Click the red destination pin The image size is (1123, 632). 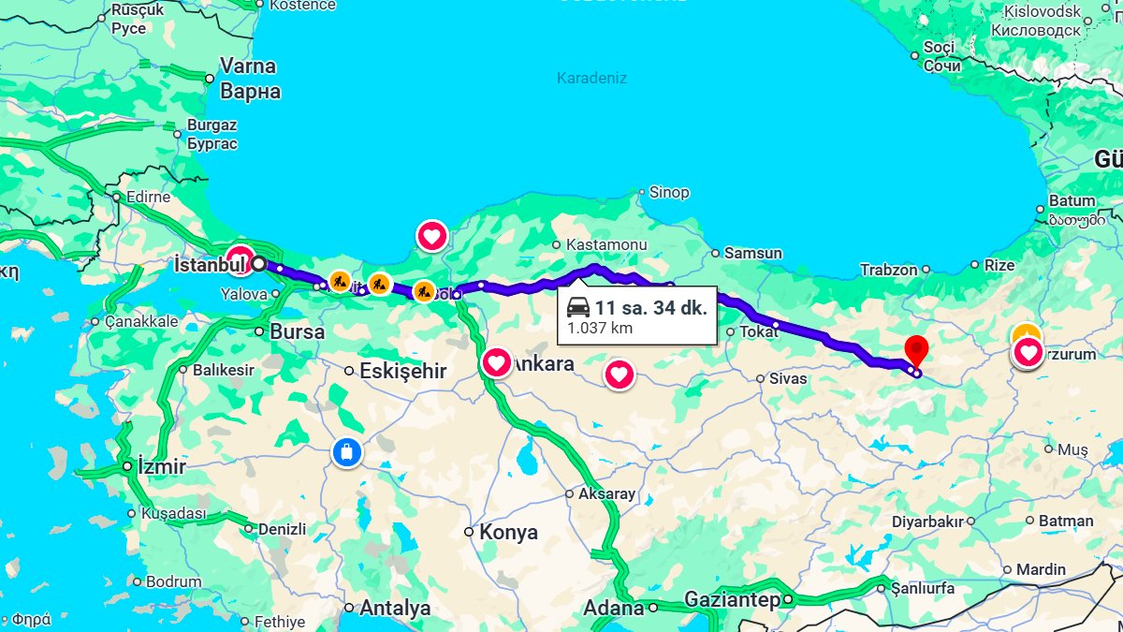point(916,350)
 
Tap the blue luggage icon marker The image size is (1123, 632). point(346,453)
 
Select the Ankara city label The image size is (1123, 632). point(543,364)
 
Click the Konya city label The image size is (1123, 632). point(508,533)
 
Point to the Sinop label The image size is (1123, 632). point(669,192)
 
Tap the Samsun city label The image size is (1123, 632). point(753,253)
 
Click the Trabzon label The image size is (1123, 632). point(889,270)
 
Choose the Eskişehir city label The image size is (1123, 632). point(403,371)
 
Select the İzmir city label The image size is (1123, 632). point(161,466)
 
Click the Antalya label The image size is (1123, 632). point(395,608)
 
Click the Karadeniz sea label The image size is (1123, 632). point(591,78)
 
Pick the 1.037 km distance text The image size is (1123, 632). point(599,328)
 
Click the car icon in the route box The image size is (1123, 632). point(578,307)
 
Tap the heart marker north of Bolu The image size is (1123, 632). point(431,236)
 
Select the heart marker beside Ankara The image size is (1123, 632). point(496,361)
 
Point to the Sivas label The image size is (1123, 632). point(788,379)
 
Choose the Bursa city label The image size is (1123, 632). point(297,331)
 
